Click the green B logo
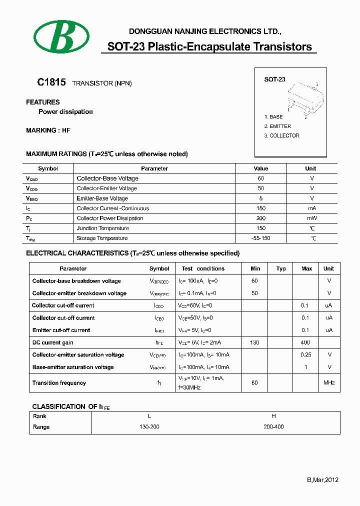coord(61,36)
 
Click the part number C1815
coord(51,82)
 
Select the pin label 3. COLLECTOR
coord(281,135)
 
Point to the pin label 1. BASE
coord(273,116)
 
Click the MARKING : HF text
coord(48,130)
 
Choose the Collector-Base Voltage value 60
coord(260,178)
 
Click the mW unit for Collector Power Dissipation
coord(311,218)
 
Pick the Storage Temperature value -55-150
coord(260,238)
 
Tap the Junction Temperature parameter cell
coord(102,228)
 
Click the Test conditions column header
coord(203,268)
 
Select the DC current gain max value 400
coord(305,342)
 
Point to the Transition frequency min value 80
coord(254,383)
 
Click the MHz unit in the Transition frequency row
coord(328,383)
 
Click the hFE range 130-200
coord(149,427)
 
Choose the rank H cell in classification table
coord(273,416)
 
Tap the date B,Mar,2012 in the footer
coord(322,480)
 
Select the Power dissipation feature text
coord(65,112)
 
